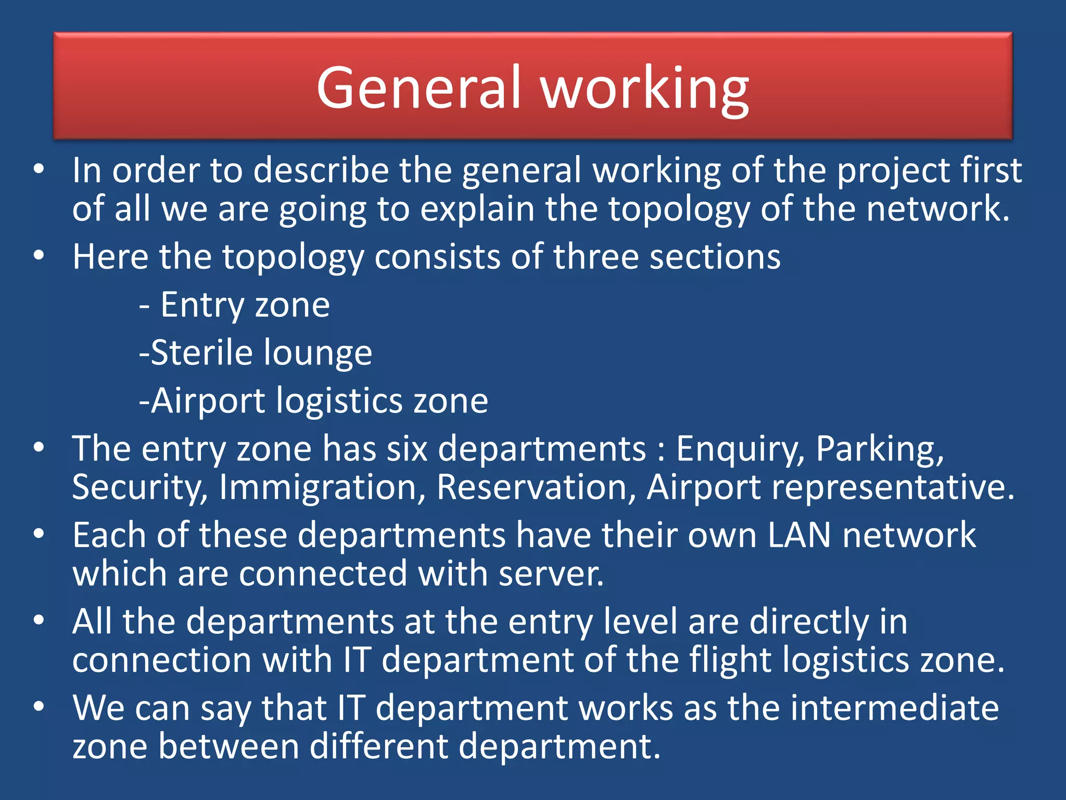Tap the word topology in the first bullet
point(679,209)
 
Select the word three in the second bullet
point(595,257)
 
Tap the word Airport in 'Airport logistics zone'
point(208,401)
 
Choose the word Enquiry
point(739,449)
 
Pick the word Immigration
point(322,488)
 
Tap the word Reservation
point(536,488)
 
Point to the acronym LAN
point(799,535)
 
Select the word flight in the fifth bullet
point(730,660)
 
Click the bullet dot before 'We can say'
point(39,707)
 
